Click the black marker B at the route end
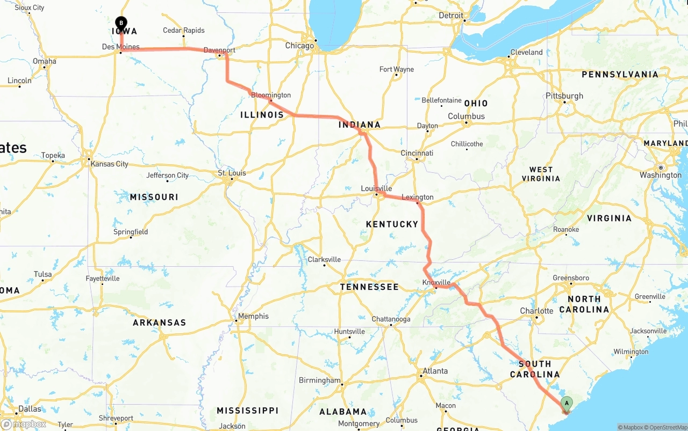(121, 23)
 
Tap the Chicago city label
(299, 46)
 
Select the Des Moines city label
(120, 47)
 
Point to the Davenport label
(219, 50)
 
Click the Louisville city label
(376, 188)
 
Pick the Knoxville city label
(436, 282)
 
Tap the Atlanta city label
(435, 371)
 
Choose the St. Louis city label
(232, 173)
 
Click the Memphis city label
(253, 316)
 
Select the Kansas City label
(110, 164)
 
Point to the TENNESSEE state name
(369, 287)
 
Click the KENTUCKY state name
(392, 224)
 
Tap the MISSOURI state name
(154, 197)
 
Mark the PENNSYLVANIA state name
(620, 74)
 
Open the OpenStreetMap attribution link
(666, 428)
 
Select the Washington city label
(661, 175)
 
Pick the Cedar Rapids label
(184, 31)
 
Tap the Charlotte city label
(536, 311)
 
